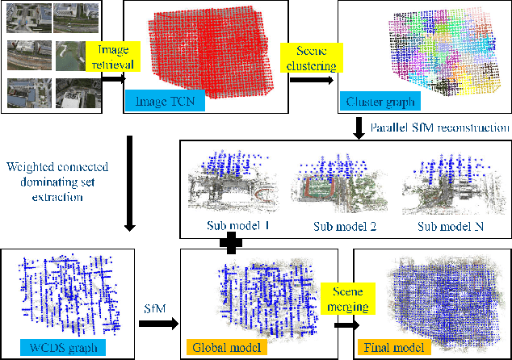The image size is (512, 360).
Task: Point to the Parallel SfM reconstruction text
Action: pyautogui.click(x=438, y=128)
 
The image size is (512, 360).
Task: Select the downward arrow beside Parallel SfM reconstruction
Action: pyautogui.click(x=358, y=128)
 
